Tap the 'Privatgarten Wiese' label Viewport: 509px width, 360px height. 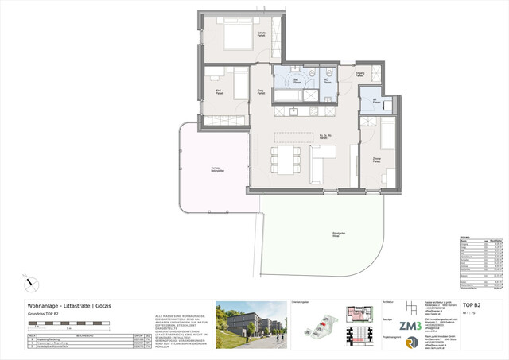pyautogui.click(x=340, y=234)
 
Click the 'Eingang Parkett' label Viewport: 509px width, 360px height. pyautogui.click(x=359, y=74)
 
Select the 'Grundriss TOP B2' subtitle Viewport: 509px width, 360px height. pyautogui.click(x=45, y=315)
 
